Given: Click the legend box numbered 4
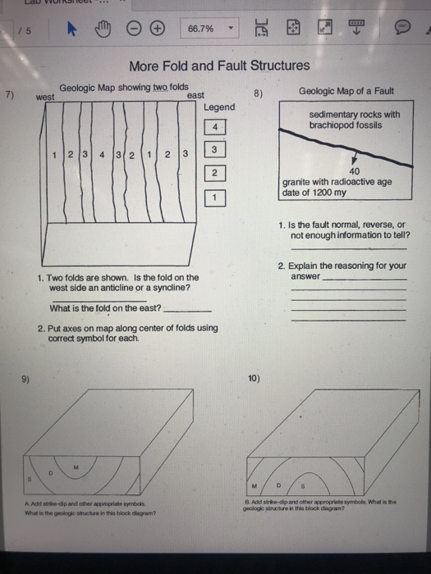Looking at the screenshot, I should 213,127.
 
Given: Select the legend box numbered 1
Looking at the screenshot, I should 213,197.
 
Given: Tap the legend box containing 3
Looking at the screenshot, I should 213,150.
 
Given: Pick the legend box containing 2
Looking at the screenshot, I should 213,173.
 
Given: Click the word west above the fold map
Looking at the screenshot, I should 47,97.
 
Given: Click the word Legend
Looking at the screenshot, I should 218,107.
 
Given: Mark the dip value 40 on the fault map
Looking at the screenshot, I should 355,171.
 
